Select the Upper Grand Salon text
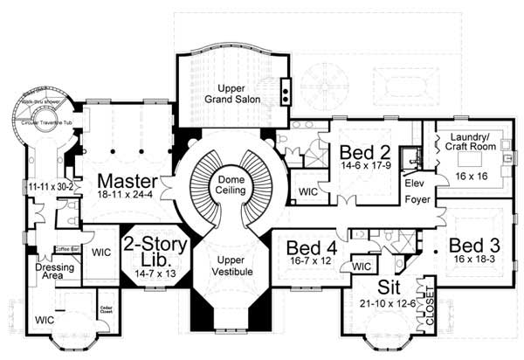click(x=231, y=95)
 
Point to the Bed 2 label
click(x=358, y=150)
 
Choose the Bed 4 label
click(x=306, y=246)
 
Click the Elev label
click(x=413, y=184)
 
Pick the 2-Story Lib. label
click(x=155, y=251)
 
